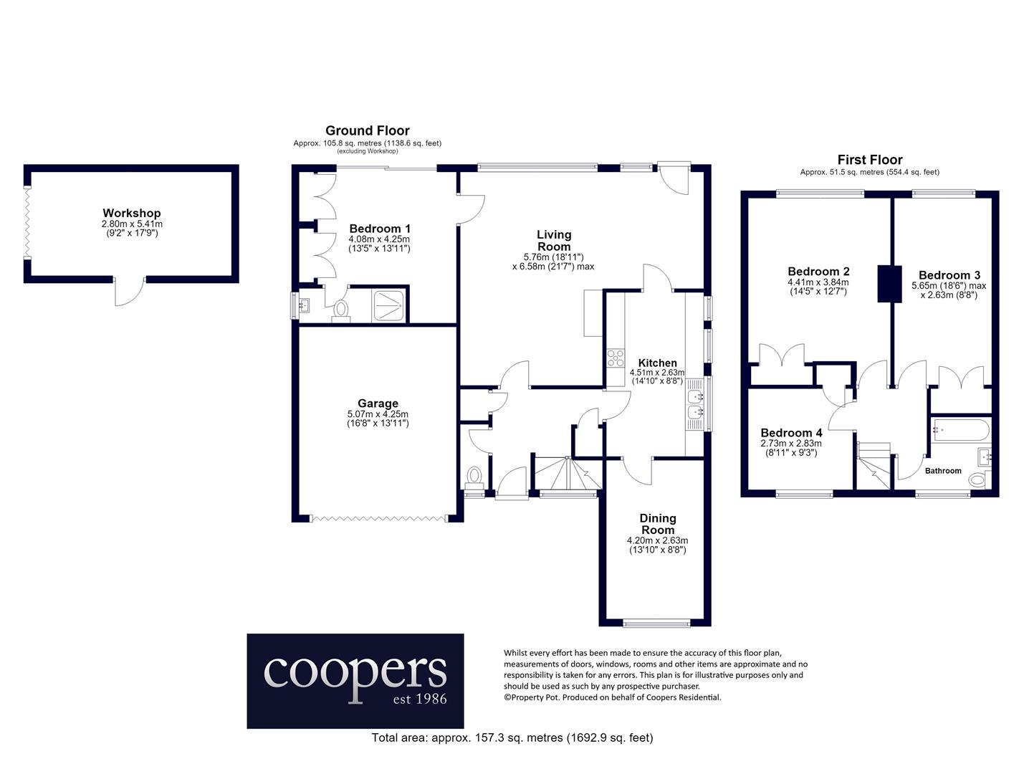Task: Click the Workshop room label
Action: click(132, 214)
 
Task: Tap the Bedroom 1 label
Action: click(380, 229)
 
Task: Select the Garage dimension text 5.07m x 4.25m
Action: click(378, 414)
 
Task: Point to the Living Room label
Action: click(554, 241)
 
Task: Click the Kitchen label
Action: click(657, 363)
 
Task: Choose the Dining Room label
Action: click(658, 524)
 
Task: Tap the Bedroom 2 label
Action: click(819, 272)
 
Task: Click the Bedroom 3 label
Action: click(949, 275)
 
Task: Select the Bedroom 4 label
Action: click(791, 433)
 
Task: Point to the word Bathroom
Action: click(943, 471)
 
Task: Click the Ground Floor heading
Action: click(368, 130)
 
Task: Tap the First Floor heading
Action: click(870, 160)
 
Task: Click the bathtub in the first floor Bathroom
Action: click(960, 430)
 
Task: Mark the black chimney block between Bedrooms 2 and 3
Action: click(890, 284)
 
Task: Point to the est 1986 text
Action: click(420, 699)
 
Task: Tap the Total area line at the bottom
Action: click(512, 737)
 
